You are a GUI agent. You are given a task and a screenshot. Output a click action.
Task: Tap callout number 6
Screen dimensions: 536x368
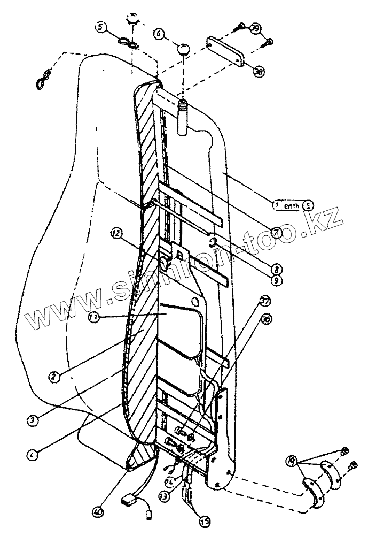158,33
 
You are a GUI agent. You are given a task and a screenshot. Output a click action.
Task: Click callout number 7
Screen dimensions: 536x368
276,232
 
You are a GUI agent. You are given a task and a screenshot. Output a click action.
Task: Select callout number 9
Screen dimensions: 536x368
276,279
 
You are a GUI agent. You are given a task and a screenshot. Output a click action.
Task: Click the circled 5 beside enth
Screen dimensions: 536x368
308,205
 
